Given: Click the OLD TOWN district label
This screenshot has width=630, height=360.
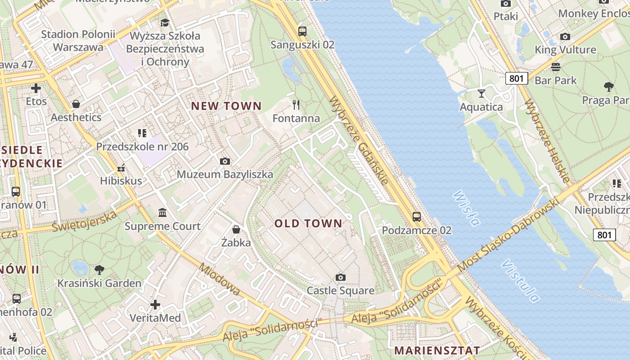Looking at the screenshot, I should coord(308,223).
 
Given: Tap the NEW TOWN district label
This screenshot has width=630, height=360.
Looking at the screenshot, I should coord(226,106).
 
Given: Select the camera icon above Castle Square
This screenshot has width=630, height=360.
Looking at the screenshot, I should coord(341,277).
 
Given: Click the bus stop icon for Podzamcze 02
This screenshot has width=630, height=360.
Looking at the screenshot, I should coord(417,217).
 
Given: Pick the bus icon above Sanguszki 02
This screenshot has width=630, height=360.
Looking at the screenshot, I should coord(302,31).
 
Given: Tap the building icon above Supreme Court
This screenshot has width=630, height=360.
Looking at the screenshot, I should coord(162,212).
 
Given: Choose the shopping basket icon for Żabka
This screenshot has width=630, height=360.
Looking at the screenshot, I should coord(236,229).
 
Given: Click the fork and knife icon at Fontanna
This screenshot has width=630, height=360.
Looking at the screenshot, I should coord(296,105).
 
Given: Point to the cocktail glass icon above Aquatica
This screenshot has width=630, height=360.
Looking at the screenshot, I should coord(481,93).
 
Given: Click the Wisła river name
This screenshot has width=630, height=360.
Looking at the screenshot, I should coord(466,208).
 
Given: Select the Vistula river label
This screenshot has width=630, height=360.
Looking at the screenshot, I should coord(521,281).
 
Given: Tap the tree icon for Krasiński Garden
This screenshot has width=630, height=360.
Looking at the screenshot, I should coord(99,270).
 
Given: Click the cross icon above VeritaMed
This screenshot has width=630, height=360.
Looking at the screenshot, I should coord(155,305).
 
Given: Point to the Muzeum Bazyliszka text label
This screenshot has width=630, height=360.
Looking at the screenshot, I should coord(225,175).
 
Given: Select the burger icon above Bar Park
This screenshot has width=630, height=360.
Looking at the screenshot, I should coord(556,67).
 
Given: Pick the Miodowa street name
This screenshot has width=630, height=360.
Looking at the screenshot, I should coord(220,279).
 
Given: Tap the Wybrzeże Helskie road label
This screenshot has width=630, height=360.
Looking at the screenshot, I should coord(548,141).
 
